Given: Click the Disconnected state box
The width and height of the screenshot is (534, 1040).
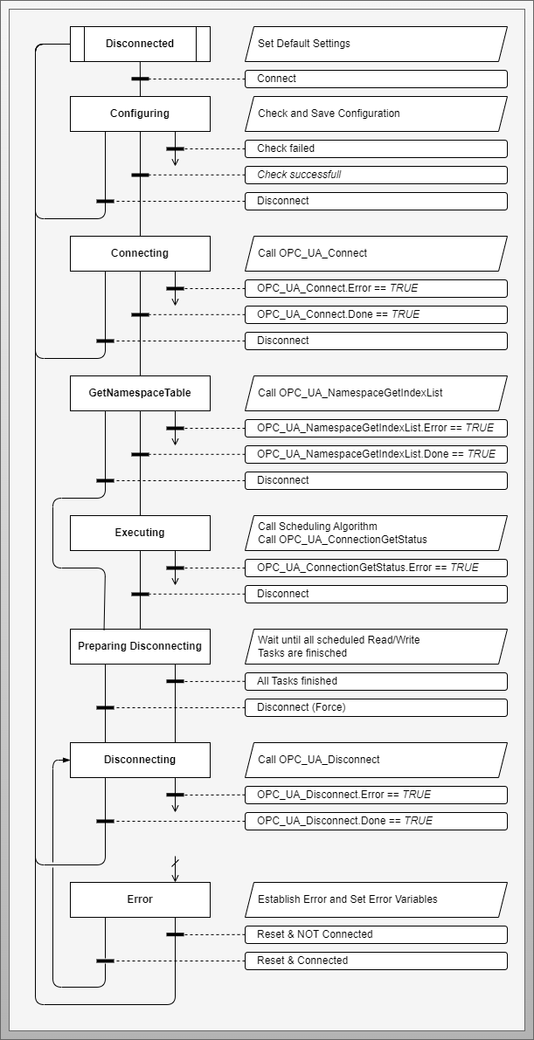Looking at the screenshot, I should pos(140,44).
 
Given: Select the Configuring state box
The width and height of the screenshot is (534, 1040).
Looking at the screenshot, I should pos(140,114).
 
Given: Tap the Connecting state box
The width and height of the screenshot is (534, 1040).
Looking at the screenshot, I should pos(140,253).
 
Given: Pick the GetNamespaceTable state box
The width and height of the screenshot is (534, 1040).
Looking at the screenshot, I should pos(140,393).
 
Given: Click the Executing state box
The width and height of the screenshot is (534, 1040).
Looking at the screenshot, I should pos(140,533).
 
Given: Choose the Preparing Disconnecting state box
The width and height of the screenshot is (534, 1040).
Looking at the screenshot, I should pos(140,646).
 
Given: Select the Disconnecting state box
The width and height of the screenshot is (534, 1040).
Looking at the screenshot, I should pos(140,760).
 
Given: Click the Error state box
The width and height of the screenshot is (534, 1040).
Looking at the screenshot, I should pos(140,899).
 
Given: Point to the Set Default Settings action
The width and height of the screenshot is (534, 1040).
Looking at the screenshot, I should pos(376,44).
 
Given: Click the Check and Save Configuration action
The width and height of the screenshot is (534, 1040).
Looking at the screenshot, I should pos(376,114).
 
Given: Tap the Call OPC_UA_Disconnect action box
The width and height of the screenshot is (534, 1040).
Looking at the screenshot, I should pos(376,760).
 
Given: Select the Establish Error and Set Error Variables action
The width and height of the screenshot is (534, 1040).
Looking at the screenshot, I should pos(376,899).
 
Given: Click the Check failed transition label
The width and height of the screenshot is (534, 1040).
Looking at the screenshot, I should pos(376,148).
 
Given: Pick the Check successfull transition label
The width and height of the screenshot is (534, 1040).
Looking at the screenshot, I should pos(376,175).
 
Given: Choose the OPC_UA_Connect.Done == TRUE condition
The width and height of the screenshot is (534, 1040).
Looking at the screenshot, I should pos(376,314).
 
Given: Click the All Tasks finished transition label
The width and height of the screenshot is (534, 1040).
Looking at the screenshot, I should pos(376,681).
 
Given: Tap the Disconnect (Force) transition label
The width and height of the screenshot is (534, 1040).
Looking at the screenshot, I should pos(376,707).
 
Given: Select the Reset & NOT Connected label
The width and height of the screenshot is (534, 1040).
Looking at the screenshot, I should pos(376,934).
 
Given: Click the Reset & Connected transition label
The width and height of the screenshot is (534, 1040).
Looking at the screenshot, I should pos(376,961).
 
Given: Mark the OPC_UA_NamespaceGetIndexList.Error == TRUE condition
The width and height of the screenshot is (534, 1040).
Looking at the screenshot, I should pos(376,428).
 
